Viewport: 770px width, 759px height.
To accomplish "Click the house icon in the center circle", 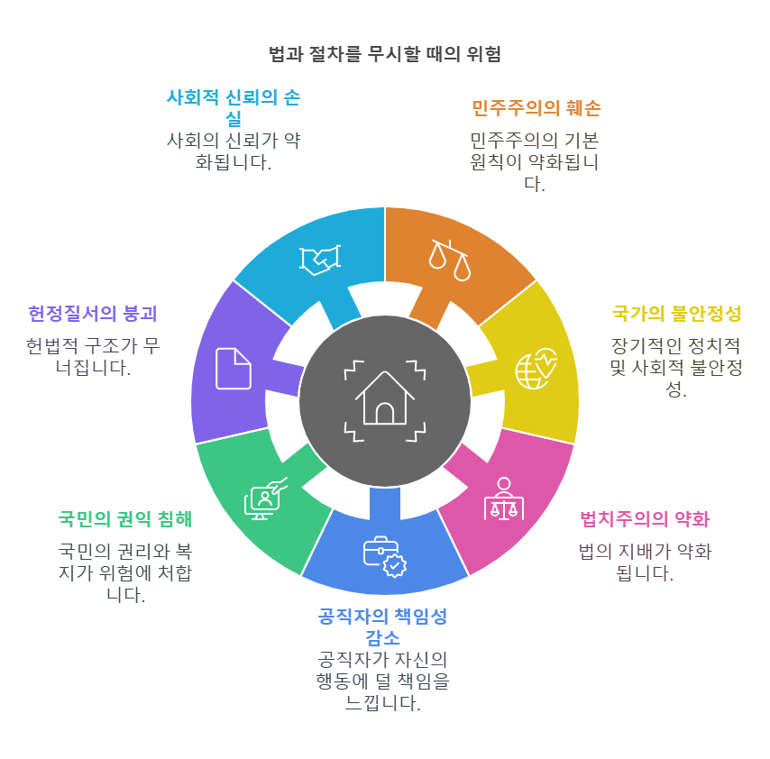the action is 385,401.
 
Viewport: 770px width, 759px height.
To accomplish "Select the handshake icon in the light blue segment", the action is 320,260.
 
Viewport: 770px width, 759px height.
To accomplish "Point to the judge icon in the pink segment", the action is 503,498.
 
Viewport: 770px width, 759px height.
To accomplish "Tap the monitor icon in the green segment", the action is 265,498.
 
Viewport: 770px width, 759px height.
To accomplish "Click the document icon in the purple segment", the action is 234,369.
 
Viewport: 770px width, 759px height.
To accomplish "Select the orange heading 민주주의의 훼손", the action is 536,108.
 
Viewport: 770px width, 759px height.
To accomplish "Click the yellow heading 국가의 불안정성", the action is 676,314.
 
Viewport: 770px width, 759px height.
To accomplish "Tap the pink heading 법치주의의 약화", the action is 644,519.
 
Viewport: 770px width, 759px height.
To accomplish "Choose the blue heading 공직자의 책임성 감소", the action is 383,626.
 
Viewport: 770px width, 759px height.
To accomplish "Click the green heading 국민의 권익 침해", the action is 125,519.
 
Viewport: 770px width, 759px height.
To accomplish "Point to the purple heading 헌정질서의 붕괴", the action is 93,314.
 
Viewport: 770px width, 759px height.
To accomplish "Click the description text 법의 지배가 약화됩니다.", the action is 645,562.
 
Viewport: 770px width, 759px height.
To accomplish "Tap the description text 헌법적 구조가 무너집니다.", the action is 93,357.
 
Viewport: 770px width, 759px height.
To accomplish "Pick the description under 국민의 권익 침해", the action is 125,572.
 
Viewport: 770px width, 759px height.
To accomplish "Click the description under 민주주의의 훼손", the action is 535,161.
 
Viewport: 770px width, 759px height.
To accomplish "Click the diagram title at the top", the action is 385,54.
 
